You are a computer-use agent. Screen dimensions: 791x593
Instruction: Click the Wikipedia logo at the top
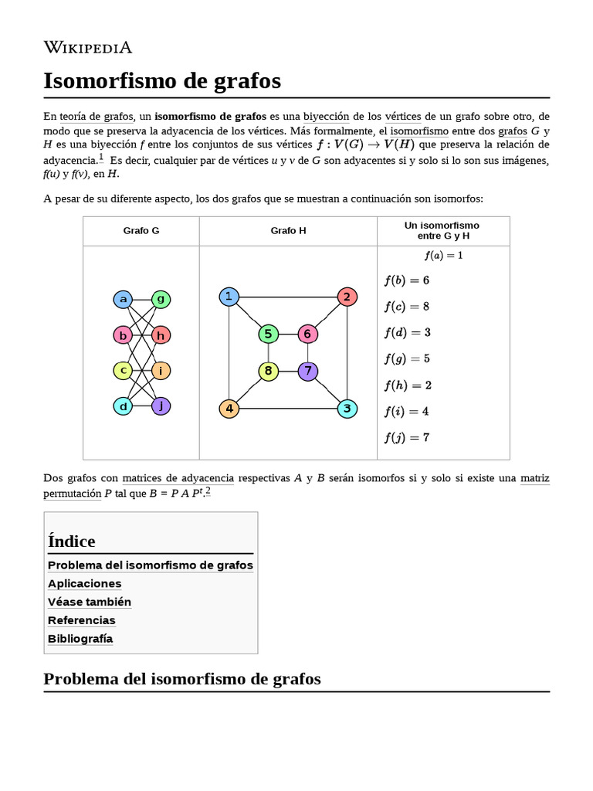(x=88, y=47)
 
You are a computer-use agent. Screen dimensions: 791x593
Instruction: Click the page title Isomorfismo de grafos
(x=162, y=80)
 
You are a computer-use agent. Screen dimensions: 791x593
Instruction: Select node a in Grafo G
(x=123, y=300)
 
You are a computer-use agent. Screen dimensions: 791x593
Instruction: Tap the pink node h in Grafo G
(x=161, y=335)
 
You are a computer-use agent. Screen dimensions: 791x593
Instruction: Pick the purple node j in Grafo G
(x=161, y=406)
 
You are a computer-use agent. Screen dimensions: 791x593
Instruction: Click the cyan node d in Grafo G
(x=123, y=406)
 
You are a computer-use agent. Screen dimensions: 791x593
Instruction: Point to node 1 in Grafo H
(x=229, y=297)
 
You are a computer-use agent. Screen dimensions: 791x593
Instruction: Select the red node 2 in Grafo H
(x=347, y=297)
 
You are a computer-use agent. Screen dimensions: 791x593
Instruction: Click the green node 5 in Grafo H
(x=268, y=334)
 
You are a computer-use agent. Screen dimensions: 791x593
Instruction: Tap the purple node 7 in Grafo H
(x=307, y=372)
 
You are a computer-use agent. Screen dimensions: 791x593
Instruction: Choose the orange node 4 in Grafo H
(x=229, y=409)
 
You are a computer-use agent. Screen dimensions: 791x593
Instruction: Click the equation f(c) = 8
(x=406, y=307)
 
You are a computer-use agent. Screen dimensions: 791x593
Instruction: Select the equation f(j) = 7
(x=406, y=438)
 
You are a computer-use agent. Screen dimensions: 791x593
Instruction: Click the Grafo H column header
(x=288, y=231)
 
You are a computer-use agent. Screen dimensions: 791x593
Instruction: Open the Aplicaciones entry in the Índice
(x=85, y=583)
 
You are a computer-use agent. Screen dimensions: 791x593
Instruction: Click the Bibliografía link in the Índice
(x=80, y=639)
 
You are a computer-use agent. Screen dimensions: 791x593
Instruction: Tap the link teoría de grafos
(x=97, y=117)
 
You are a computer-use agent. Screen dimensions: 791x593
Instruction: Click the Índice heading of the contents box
(x=72, y=541)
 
